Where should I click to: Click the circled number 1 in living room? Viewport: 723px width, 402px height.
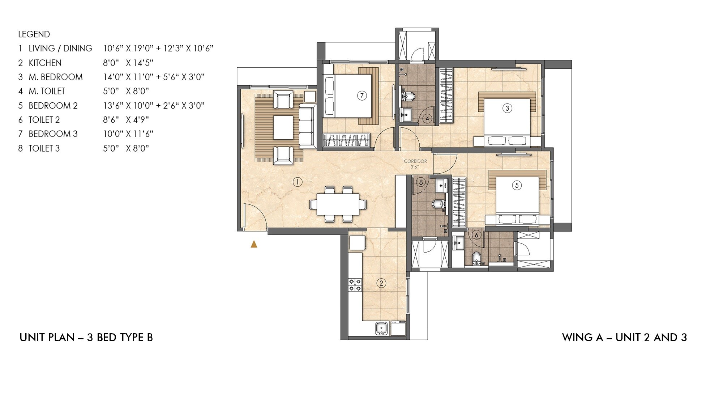tap(297, 182)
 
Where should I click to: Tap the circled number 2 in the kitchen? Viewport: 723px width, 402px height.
tap(381, 283)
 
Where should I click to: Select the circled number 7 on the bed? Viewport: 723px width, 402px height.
tap(361, 96)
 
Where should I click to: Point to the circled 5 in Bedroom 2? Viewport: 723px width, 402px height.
tap(517, 185)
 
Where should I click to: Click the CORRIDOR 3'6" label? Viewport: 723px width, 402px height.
tap(415, 164)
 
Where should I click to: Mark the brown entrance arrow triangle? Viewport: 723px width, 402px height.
tap(254, 244)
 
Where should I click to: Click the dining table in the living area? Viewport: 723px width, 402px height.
tap(338, 204)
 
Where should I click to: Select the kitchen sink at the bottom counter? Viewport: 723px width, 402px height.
tap(381, 329)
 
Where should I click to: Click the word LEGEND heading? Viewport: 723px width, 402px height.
tap(34, 34)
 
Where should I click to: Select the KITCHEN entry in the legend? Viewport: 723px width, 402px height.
tap(45, 63)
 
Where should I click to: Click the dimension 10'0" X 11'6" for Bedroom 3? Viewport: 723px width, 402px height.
tap(128, 134)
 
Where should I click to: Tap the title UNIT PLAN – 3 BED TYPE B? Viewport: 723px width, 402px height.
tap(86, 338)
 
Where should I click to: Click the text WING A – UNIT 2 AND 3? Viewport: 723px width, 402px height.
tap(624, 338)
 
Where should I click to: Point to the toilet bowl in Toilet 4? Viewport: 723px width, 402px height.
tap(408, 96)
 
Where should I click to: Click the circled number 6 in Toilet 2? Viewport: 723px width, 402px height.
tap(476, 235)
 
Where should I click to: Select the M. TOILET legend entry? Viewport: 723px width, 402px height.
tap(47, 91)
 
